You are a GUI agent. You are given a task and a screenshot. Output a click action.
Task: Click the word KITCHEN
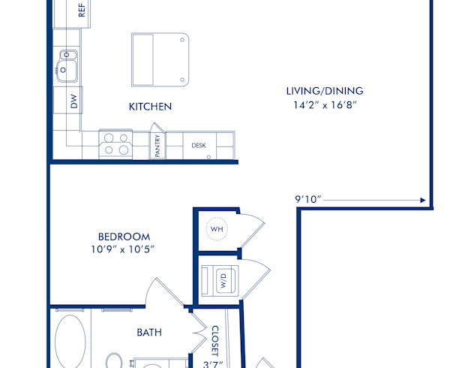[x=150, y=107]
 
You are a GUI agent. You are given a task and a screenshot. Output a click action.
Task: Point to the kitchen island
[x=159, y=59]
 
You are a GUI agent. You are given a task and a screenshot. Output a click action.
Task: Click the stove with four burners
[x=116, y=143]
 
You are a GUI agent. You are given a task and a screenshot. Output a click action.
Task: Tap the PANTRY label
[x=158, y=145]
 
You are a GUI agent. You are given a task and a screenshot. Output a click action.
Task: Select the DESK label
[x=199, y=146]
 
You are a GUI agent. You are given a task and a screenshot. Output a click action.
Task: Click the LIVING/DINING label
[x=323, y=91]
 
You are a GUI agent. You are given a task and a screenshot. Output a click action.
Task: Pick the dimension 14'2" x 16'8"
[x=323, y=105]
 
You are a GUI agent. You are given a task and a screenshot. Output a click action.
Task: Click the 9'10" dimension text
[x=308, y=200]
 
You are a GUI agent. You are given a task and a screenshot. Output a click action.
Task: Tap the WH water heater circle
[x=217, y=228]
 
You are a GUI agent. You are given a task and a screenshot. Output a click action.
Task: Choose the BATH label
[x=149, y=332]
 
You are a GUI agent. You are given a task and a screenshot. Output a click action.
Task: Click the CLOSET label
[x=214, y=339]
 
